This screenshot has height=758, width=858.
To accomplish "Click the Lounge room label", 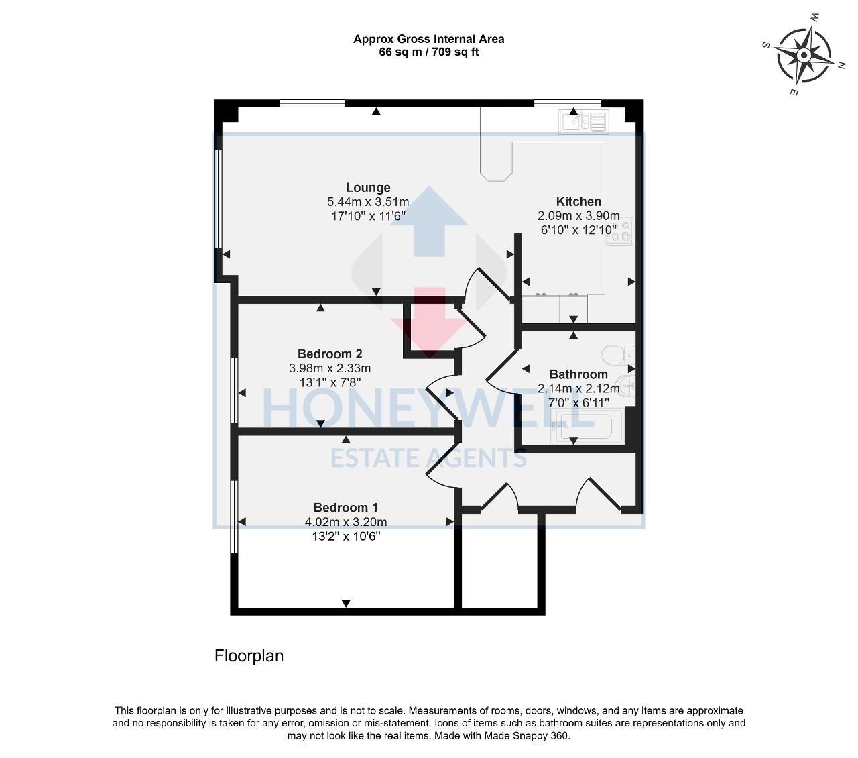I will click(x=368, y=188).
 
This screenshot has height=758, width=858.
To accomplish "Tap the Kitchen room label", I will click(x=578, y=201).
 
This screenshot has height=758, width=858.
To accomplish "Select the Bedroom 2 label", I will click(x=330, y=354).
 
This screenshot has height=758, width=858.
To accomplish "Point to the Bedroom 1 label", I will click(x=346, y=507).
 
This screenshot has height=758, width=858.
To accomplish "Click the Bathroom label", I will click(x=578, y=374).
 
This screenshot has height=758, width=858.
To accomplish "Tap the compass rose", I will click(x=804, y=54).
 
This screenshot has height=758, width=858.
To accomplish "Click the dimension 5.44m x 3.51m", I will click(x=368, y=202).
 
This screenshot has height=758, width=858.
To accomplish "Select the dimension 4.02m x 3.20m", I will click(x=346, y=522).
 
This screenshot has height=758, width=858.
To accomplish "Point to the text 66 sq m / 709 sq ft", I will click(x=428, y=52).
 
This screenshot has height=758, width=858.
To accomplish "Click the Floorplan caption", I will click(x=249, y=656).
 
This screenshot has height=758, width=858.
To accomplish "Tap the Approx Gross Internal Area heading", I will click(x=428, y=39).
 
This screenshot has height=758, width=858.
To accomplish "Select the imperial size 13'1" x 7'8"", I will click(x=330, y=382).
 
